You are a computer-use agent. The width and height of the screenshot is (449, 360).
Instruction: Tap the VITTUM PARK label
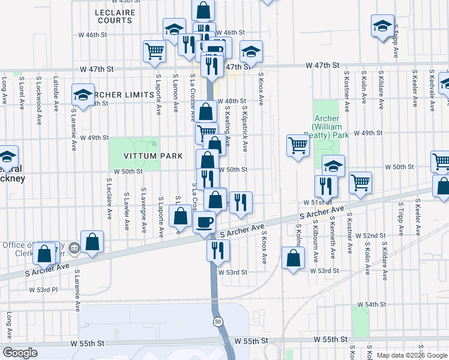pos(145,156)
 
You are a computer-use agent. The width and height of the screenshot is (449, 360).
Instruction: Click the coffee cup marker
pos(205,223)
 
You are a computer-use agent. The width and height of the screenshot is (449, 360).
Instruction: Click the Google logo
pos(20,353)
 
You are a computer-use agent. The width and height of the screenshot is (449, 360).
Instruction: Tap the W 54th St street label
pos(372,305)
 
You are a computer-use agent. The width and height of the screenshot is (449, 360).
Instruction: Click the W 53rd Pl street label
pos(43,290)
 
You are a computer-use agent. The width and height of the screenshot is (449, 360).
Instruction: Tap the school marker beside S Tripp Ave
pos(382,26)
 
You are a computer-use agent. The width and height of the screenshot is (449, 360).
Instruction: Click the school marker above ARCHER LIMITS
pos(83,94)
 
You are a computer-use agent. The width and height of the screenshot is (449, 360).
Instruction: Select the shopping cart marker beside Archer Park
pos(298,145)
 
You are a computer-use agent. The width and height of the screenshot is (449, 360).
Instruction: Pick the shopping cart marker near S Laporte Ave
pos(154,51)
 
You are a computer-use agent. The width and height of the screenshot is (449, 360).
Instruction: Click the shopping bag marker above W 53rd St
pos(292,259)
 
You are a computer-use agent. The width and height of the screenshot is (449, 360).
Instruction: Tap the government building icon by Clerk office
pos(73,247)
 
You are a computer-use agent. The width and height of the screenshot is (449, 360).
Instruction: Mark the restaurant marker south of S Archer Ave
pos(218,249)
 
